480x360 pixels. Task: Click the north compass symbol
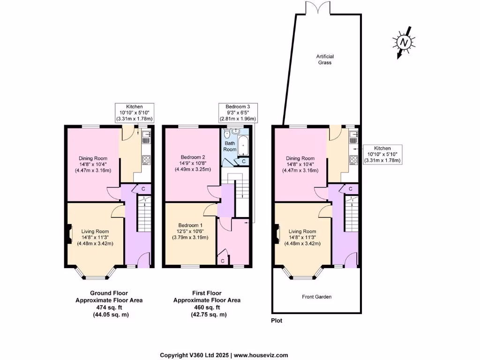click(x=403, y=43)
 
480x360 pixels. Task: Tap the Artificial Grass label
click(x=324, y=59)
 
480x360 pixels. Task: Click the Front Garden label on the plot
click(x=316, y=297)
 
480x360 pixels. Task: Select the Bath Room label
click(x=230, y=146)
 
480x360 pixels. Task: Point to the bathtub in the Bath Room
click(x=244, y=146)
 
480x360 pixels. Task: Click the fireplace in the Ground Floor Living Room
click(x=70, y=234)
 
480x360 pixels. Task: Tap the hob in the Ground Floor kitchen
click(x=146, y=159)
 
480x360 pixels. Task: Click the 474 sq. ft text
click(x=109, y=307)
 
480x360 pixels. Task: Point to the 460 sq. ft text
click(x=207, y=307)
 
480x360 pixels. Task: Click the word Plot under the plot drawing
click(x=277, y=321)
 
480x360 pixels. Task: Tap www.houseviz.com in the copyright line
click(x=262, y=355)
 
